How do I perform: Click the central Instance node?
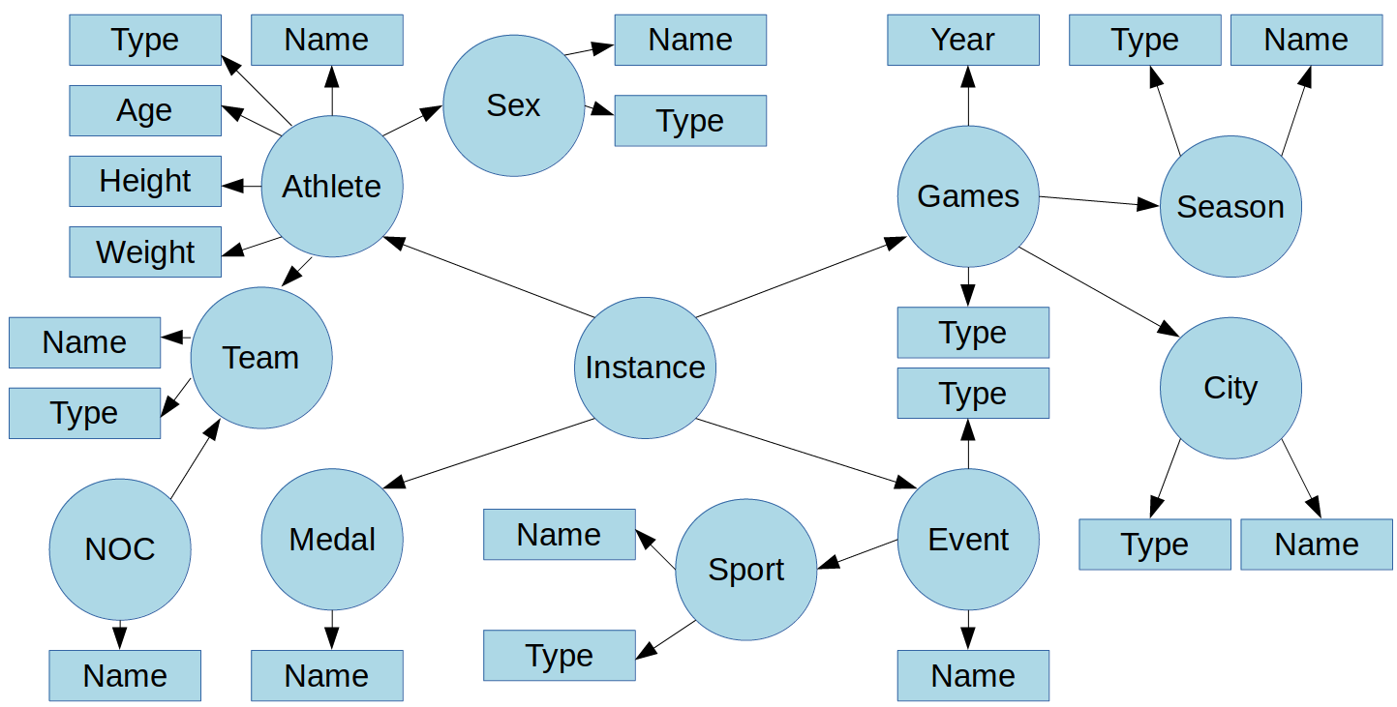(x=645, y=368)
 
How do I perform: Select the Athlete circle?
(x=332, y=186)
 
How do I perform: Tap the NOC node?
(x=120, y=549)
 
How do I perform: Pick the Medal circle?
(x=332, y=540)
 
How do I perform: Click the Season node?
(x=1230, y=206)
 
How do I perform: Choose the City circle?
(x=1230, y=388)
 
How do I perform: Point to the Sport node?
(x=745, y=570)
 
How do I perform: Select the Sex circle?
(x=513, y=105)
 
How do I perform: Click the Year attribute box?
(x=963, y=40)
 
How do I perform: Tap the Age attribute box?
(x=145, y=110)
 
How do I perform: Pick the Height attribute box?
(x=145, y=181)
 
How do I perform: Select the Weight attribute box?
(x=145, y=251)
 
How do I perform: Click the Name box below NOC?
(x=125, y=675)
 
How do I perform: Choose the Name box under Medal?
(x=326, y=675)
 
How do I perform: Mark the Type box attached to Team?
(x=84, y=413)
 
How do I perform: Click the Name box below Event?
(x=973, y=675)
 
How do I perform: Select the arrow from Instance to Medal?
(x=489, y=454)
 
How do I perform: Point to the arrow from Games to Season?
(x=1099, y=201)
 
